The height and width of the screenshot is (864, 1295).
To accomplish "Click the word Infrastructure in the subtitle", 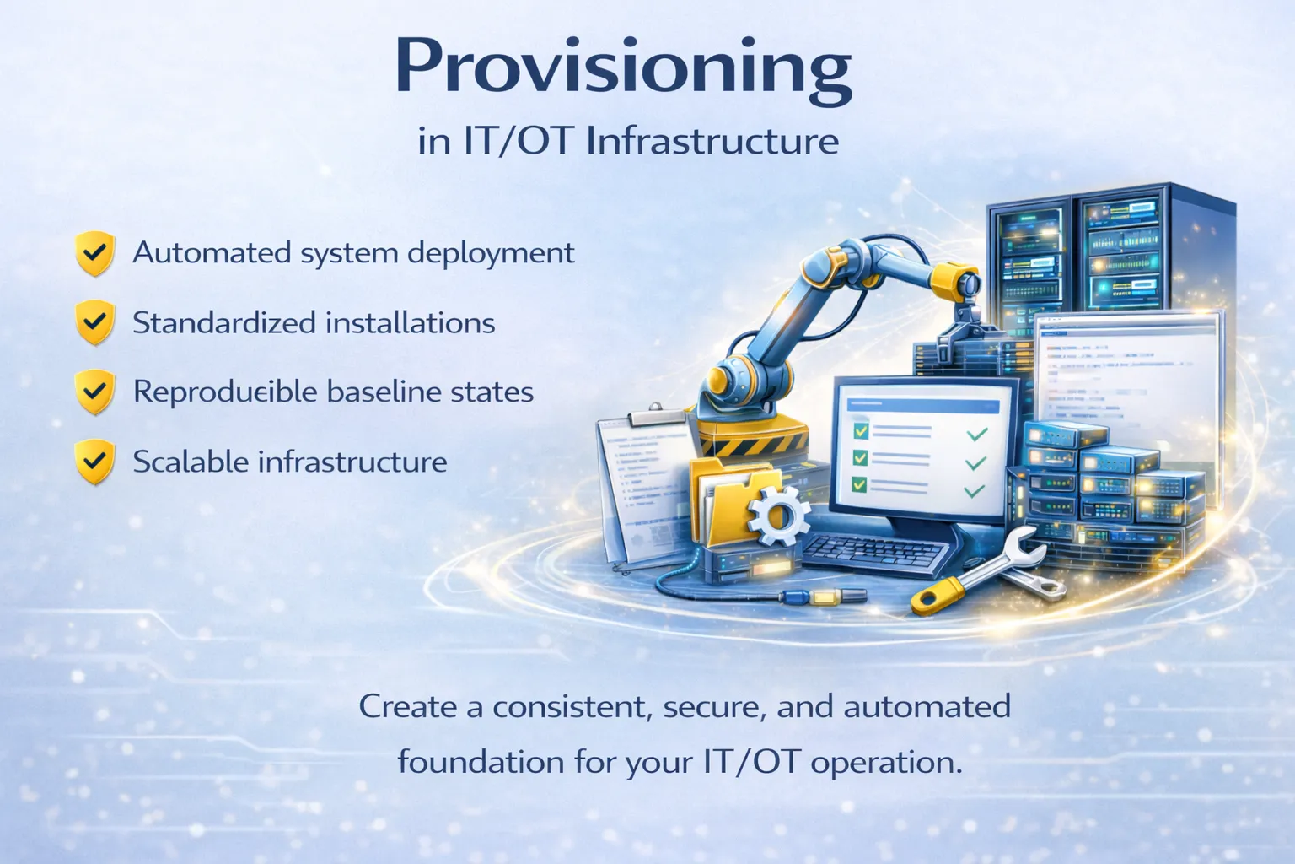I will (x=712, y=141).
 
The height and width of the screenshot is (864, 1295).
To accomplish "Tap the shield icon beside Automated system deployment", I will (x=94, y=253).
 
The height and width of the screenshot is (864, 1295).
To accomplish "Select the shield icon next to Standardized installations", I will (x=94, y=322).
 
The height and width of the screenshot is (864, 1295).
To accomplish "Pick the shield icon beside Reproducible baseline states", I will (x=94, y=391).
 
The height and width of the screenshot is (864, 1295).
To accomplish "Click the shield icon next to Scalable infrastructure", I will (x=94, y=462).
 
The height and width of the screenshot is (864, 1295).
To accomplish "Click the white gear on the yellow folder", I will (x=777, y=514).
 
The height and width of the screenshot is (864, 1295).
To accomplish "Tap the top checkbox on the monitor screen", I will (x=860, y=431).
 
